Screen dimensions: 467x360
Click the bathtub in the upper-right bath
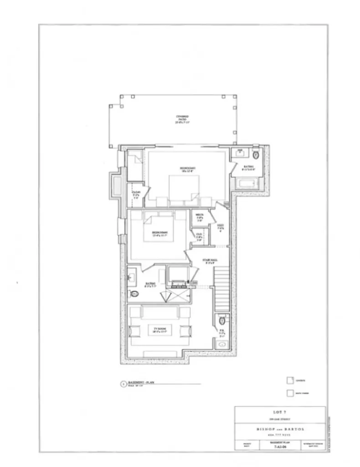(246, 185)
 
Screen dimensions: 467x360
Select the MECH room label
(200, 218)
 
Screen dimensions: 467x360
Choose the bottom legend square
(289, 393)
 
